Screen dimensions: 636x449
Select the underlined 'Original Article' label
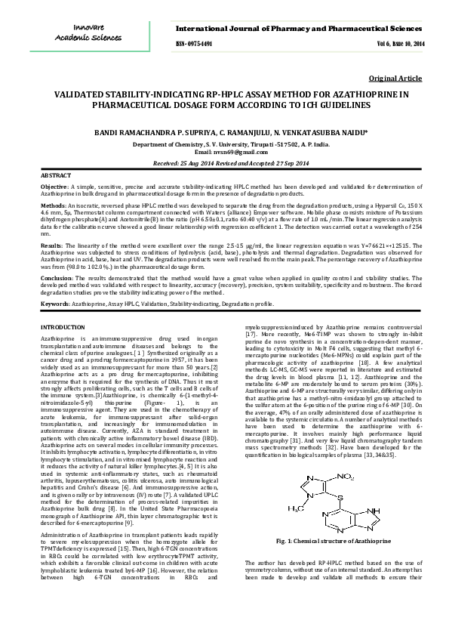click(x=395, y=79)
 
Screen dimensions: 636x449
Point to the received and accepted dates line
click(x=224, y=162)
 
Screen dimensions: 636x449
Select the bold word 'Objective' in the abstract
click(x=54, y=186)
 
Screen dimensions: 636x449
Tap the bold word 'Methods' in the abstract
click(x=52, y=205)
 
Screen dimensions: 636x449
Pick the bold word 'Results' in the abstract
click(x=51, y=245)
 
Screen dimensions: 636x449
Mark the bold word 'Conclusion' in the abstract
click(x=56, y=278)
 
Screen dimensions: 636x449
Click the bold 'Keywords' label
click(x=55, y=304)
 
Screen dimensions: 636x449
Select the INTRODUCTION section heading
click(x=63, y=326)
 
